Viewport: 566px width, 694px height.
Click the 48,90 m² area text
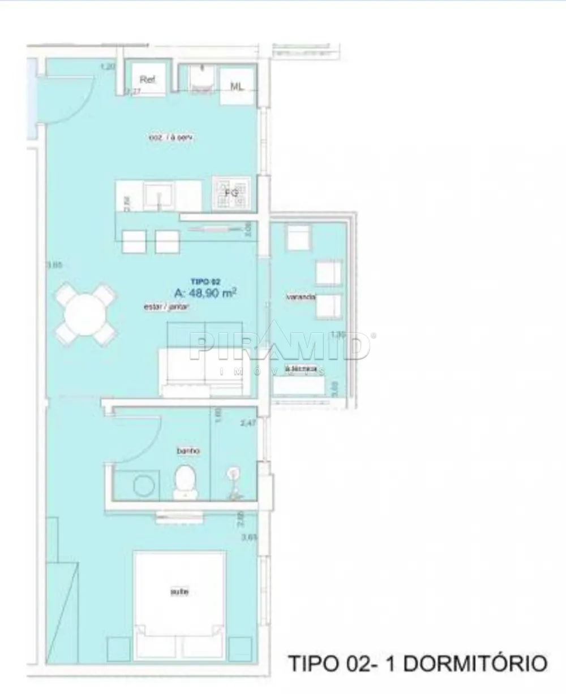(x=205, y=293)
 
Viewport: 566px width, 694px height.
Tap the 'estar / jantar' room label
(x=166, y=307)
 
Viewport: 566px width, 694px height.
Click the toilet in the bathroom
(x=185, y=482)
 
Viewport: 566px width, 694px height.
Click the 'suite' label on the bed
(x=179, y=592)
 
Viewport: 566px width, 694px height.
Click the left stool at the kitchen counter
(x=135, y=241)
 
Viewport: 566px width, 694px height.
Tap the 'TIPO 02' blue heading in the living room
(x=205, y=281)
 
